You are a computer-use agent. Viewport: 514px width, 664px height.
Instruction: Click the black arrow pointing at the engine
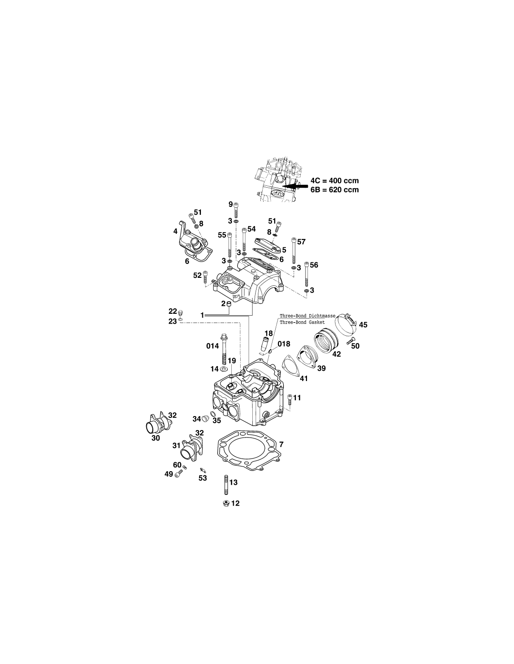tap(295, 185)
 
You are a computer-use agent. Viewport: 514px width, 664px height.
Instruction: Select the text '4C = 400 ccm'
tap(335, 180)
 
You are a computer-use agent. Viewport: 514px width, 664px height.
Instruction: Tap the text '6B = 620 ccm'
tap(335, 190)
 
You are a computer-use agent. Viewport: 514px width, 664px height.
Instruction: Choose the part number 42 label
tap(336, 354)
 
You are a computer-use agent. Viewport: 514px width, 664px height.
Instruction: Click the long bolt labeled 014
tap(224, 348)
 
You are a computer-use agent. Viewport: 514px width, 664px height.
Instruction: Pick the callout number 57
tap(301, 242)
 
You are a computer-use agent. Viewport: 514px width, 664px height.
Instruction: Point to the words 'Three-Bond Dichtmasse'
tap(307, 316)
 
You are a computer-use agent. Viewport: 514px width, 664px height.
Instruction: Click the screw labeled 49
tap(178, 473)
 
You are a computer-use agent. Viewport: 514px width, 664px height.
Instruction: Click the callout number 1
tap(202, 315)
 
